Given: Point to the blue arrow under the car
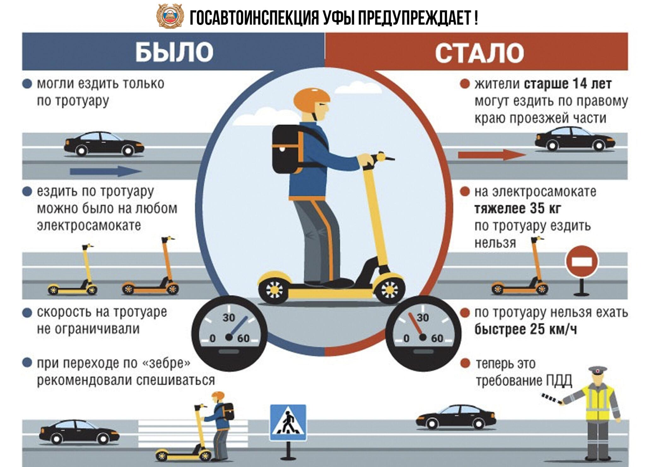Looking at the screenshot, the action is coord(106,171).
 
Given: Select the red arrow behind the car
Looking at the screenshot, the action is coord(492,155).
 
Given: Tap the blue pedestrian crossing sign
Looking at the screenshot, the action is coord(288,422).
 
